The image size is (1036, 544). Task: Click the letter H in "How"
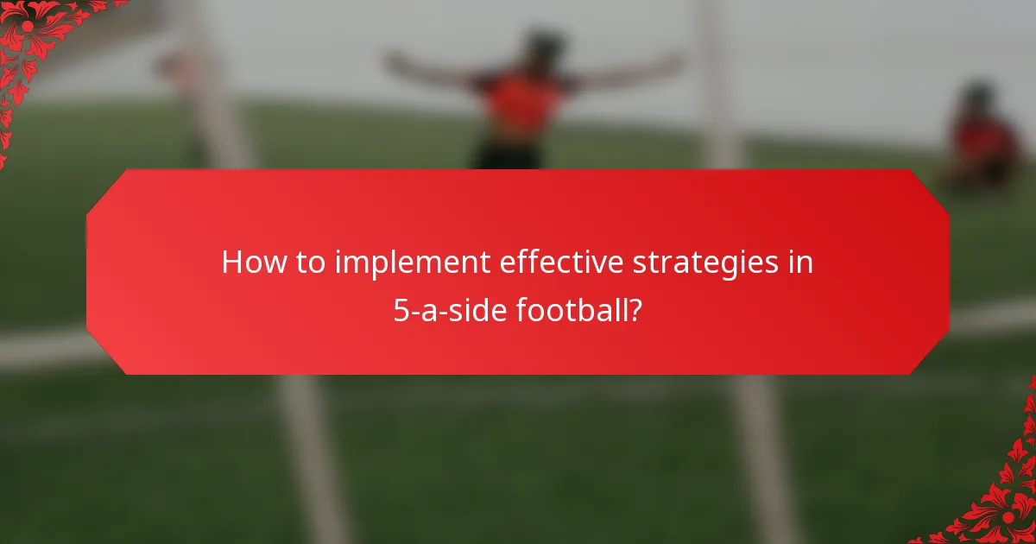point(231,263)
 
